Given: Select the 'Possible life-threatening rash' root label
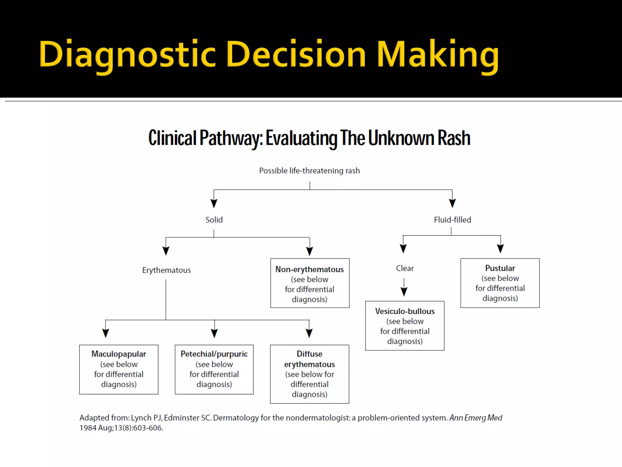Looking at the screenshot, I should pos(309,171).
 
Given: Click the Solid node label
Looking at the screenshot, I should pos(214,220).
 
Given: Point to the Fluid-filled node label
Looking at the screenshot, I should pos(452,220).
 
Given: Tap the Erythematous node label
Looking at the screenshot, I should pos(166,270).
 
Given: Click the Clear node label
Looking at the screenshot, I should pos(405,268).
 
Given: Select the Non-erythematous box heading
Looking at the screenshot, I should pos(309,269).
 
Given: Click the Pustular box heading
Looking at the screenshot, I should pos(500,268).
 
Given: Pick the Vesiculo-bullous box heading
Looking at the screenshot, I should pos(405,311).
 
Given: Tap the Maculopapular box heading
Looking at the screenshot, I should pos(119,354).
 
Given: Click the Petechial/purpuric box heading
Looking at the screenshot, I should pos(214,354).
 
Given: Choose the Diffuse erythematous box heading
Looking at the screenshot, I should pos(309,359).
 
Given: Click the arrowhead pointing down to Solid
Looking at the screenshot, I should pos(214,203).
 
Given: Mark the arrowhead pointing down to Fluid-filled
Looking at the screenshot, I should pos(452,203).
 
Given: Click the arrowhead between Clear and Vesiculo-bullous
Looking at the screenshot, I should pos(404,291).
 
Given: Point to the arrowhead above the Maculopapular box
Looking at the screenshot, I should pos(105,333).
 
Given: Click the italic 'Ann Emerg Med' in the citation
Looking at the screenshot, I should pos(476,418).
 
